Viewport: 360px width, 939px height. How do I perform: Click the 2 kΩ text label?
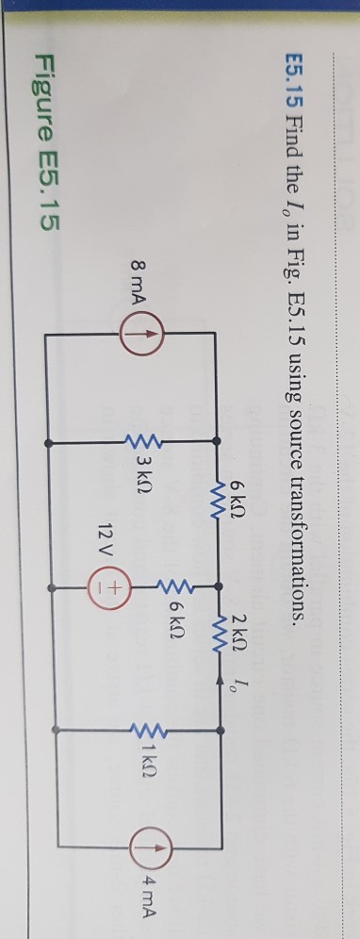[249, 620]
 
